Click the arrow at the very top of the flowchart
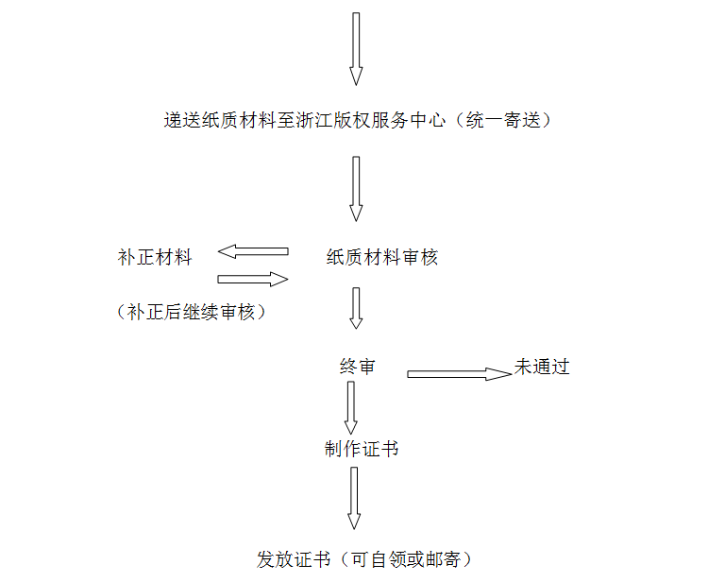tap(356, 49)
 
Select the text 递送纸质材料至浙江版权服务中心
tap(305, 120)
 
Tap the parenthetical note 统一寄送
tap(503, 120)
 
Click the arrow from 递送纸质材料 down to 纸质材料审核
tap(356, 189)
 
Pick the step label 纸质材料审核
tap(382, 257)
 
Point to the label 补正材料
tap(155, 257)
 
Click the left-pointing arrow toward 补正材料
tap(253, 251)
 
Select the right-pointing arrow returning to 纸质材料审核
tap(253, 279)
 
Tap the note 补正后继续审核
tap(191, 312)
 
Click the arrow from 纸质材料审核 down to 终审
tap(356, 308)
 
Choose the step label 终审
tap(357, 367)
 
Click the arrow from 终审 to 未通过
tap(460, 374)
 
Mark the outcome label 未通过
tap(542, 367)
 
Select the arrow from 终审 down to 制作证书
tap(351, 408)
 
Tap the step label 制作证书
tap(362, 449)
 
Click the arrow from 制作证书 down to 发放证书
tap(354, 498)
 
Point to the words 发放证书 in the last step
tap(294, 559)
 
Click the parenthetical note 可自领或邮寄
tap(406, 559)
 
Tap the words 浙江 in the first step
tap(314, 120)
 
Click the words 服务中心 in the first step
tap(409, 120)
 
